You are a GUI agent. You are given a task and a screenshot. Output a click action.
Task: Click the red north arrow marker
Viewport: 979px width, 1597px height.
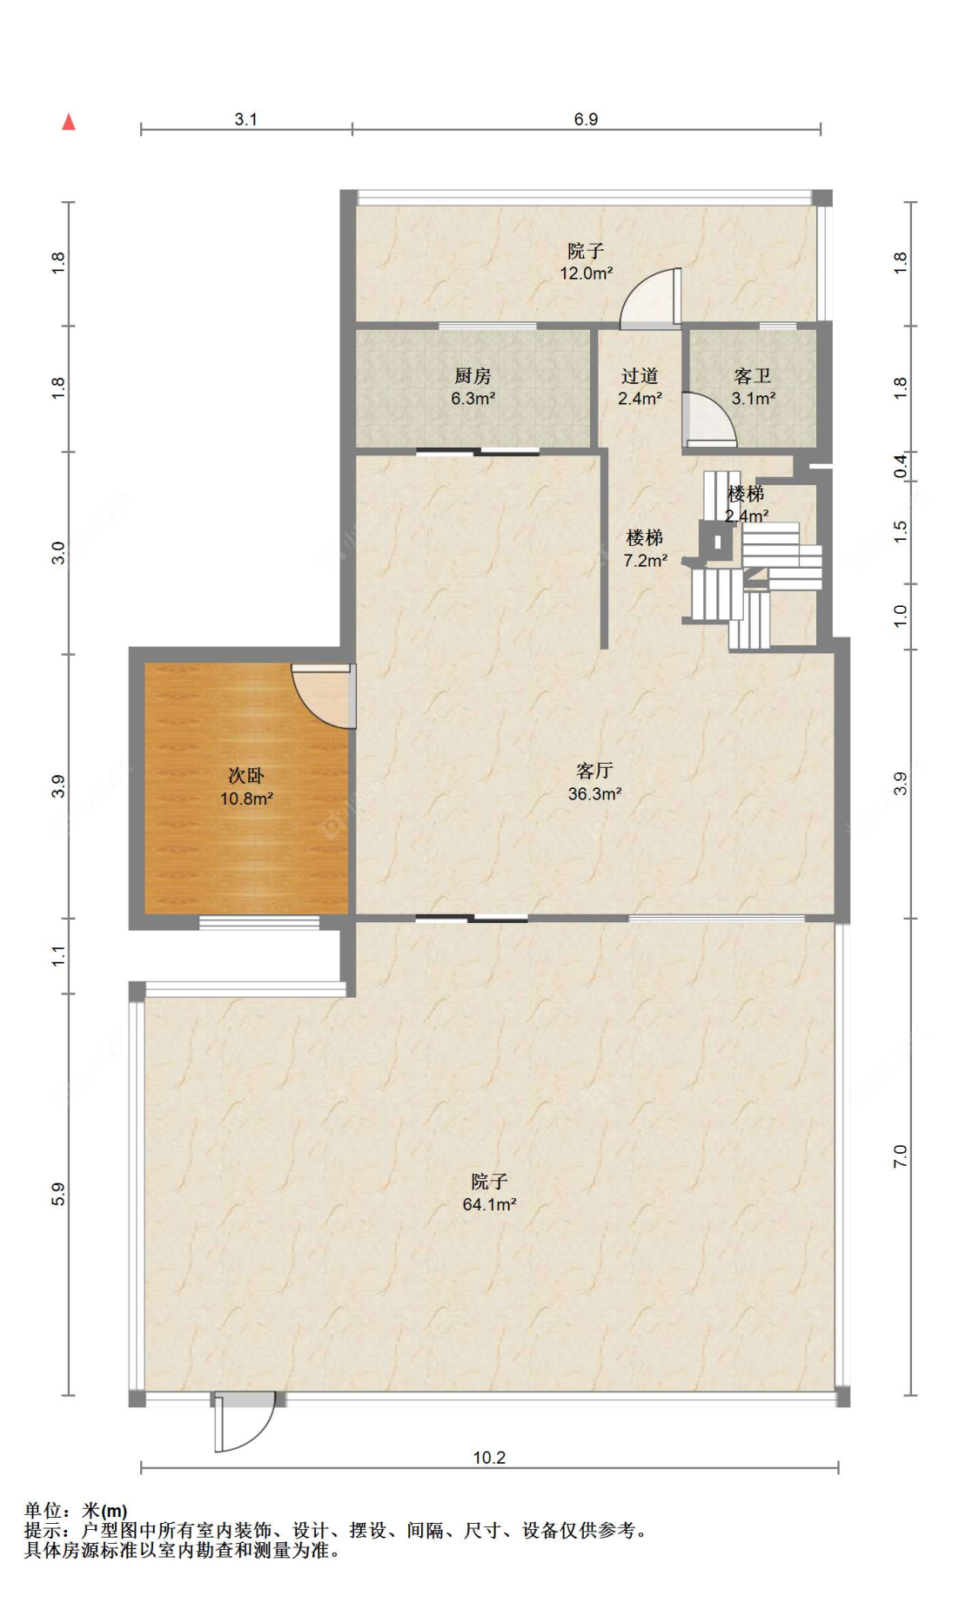69,122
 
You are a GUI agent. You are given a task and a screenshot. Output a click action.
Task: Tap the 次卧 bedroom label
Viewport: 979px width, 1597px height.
246,775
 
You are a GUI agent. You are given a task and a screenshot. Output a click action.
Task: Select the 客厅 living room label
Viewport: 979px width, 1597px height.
594,771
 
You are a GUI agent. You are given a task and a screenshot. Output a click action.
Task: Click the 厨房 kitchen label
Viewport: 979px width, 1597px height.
473,376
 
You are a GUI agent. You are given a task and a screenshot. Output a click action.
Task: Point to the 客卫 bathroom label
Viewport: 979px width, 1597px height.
753,376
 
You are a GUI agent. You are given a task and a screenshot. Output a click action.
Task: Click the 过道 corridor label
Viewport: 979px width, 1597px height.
640,376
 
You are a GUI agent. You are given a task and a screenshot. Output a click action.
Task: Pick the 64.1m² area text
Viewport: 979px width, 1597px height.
489,1204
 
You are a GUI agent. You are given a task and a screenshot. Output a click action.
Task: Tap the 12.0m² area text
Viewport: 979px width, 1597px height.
586,273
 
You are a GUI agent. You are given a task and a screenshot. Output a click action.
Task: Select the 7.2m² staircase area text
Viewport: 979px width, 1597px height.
645,561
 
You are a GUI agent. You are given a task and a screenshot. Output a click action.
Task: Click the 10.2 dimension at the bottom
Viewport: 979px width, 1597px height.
489,1458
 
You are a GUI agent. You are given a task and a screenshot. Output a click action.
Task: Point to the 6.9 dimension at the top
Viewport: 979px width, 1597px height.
586,119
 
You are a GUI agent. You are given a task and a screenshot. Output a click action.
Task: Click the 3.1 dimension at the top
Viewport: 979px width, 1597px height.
246,119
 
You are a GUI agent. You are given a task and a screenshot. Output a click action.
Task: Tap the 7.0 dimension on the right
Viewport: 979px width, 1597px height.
900,1156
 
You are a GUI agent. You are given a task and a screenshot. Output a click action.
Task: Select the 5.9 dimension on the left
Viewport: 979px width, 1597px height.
58,1194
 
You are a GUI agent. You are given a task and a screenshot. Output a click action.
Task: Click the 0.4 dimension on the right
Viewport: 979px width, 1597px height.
900,466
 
